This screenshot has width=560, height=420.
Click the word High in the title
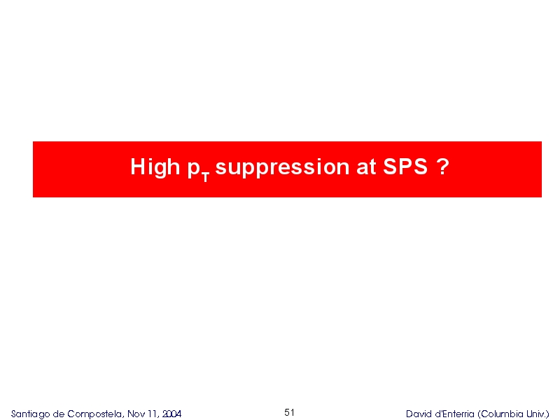click(x=155, y=167)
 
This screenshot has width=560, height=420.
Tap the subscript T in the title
click(x=205, y=177)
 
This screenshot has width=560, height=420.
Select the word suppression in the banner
click(x=282, y=167)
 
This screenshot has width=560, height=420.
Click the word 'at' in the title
click(x=366, y=167)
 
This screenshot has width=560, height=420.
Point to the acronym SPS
click(x=405, y=167)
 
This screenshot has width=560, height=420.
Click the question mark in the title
click(x=442, y=167)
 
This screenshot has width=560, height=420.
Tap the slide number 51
click(x=289, y=412)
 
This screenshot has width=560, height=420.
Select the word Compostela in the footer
click(x=96, y=414)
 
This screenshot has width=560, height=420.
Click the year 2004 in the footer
click(x=171, y=414)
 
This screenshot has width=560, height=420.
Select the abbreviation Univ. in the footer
click(x=538, y=414)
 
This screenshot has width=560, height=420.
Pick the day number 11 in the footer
click(x=153, y=414)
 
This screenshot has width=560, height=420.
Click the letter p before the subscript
click(x=194, y=169)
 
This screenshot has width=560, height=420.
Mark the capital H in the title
click(x=137, y=167)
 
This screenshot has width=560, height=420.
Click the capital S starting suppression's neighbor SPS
click(x=390, y=167)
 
